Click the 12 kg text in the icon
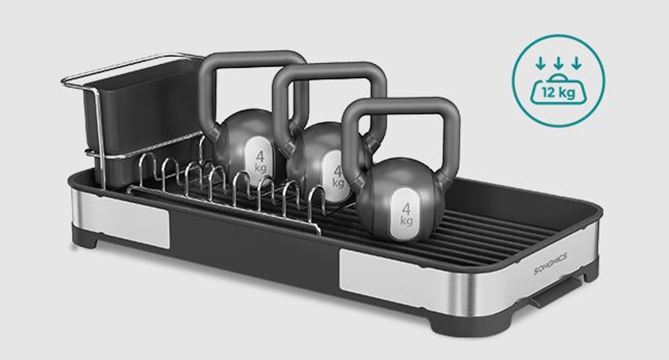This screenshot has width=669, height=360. (559, 92)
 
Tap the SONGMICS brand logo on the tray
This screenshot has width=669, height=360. (550, 264)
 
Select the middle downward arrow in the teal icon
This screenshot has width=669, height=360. (558, 63)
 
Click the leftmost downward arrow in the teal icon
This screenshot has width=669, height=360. (540, 63)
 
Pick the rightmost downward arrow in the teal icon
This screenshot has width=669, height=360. (576, 63)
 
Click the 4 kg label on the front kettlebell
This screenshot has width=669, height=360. (406, 215)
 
